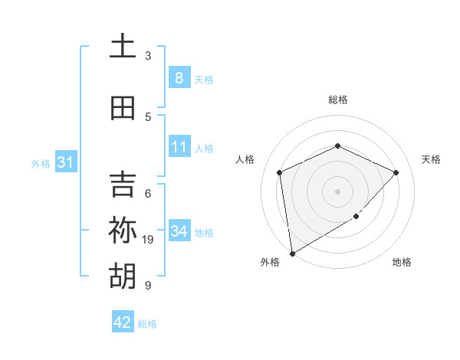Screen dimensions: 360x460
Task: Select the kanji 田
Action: (x=123, y=109)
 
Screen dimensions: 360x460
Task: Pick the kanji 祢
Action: (x=123, y=231)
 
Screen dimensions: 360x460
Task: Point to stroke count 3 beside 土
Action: (x=148, y=56)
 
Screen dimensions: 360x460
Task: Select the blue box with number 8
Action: (x=179, y=77)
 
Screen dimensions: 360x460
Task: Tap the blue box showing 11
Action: (x=179, y=147)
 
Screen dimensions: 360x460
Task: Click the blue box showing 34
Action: (x=179, y=231)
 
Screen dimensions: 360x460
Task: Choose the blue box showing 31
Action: (x=65, y=162)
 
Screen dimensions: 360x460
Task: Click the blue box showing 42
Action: (x=123, y=322)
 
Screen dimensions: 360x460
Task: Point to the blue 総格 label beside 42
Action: (x=147, y=324)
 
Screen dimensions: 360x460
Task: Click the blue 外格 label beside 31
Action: (x=41, y=163)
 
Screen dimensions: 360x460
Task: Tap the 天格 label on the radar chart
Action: (x=431, y=159)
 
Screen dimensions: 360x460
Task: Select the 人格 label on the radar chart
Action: (x=245, y=159)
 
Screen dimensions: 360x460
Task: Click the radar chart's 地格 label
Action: (x=402, y=262)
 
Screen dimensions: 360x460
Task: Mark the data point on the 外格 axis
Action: (x=292, y=253)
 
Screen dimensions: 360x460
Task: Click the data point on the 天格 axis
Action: (x=396, y=172)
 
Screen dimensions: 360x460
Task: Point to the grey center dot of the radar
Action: (x=337, y=191)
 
